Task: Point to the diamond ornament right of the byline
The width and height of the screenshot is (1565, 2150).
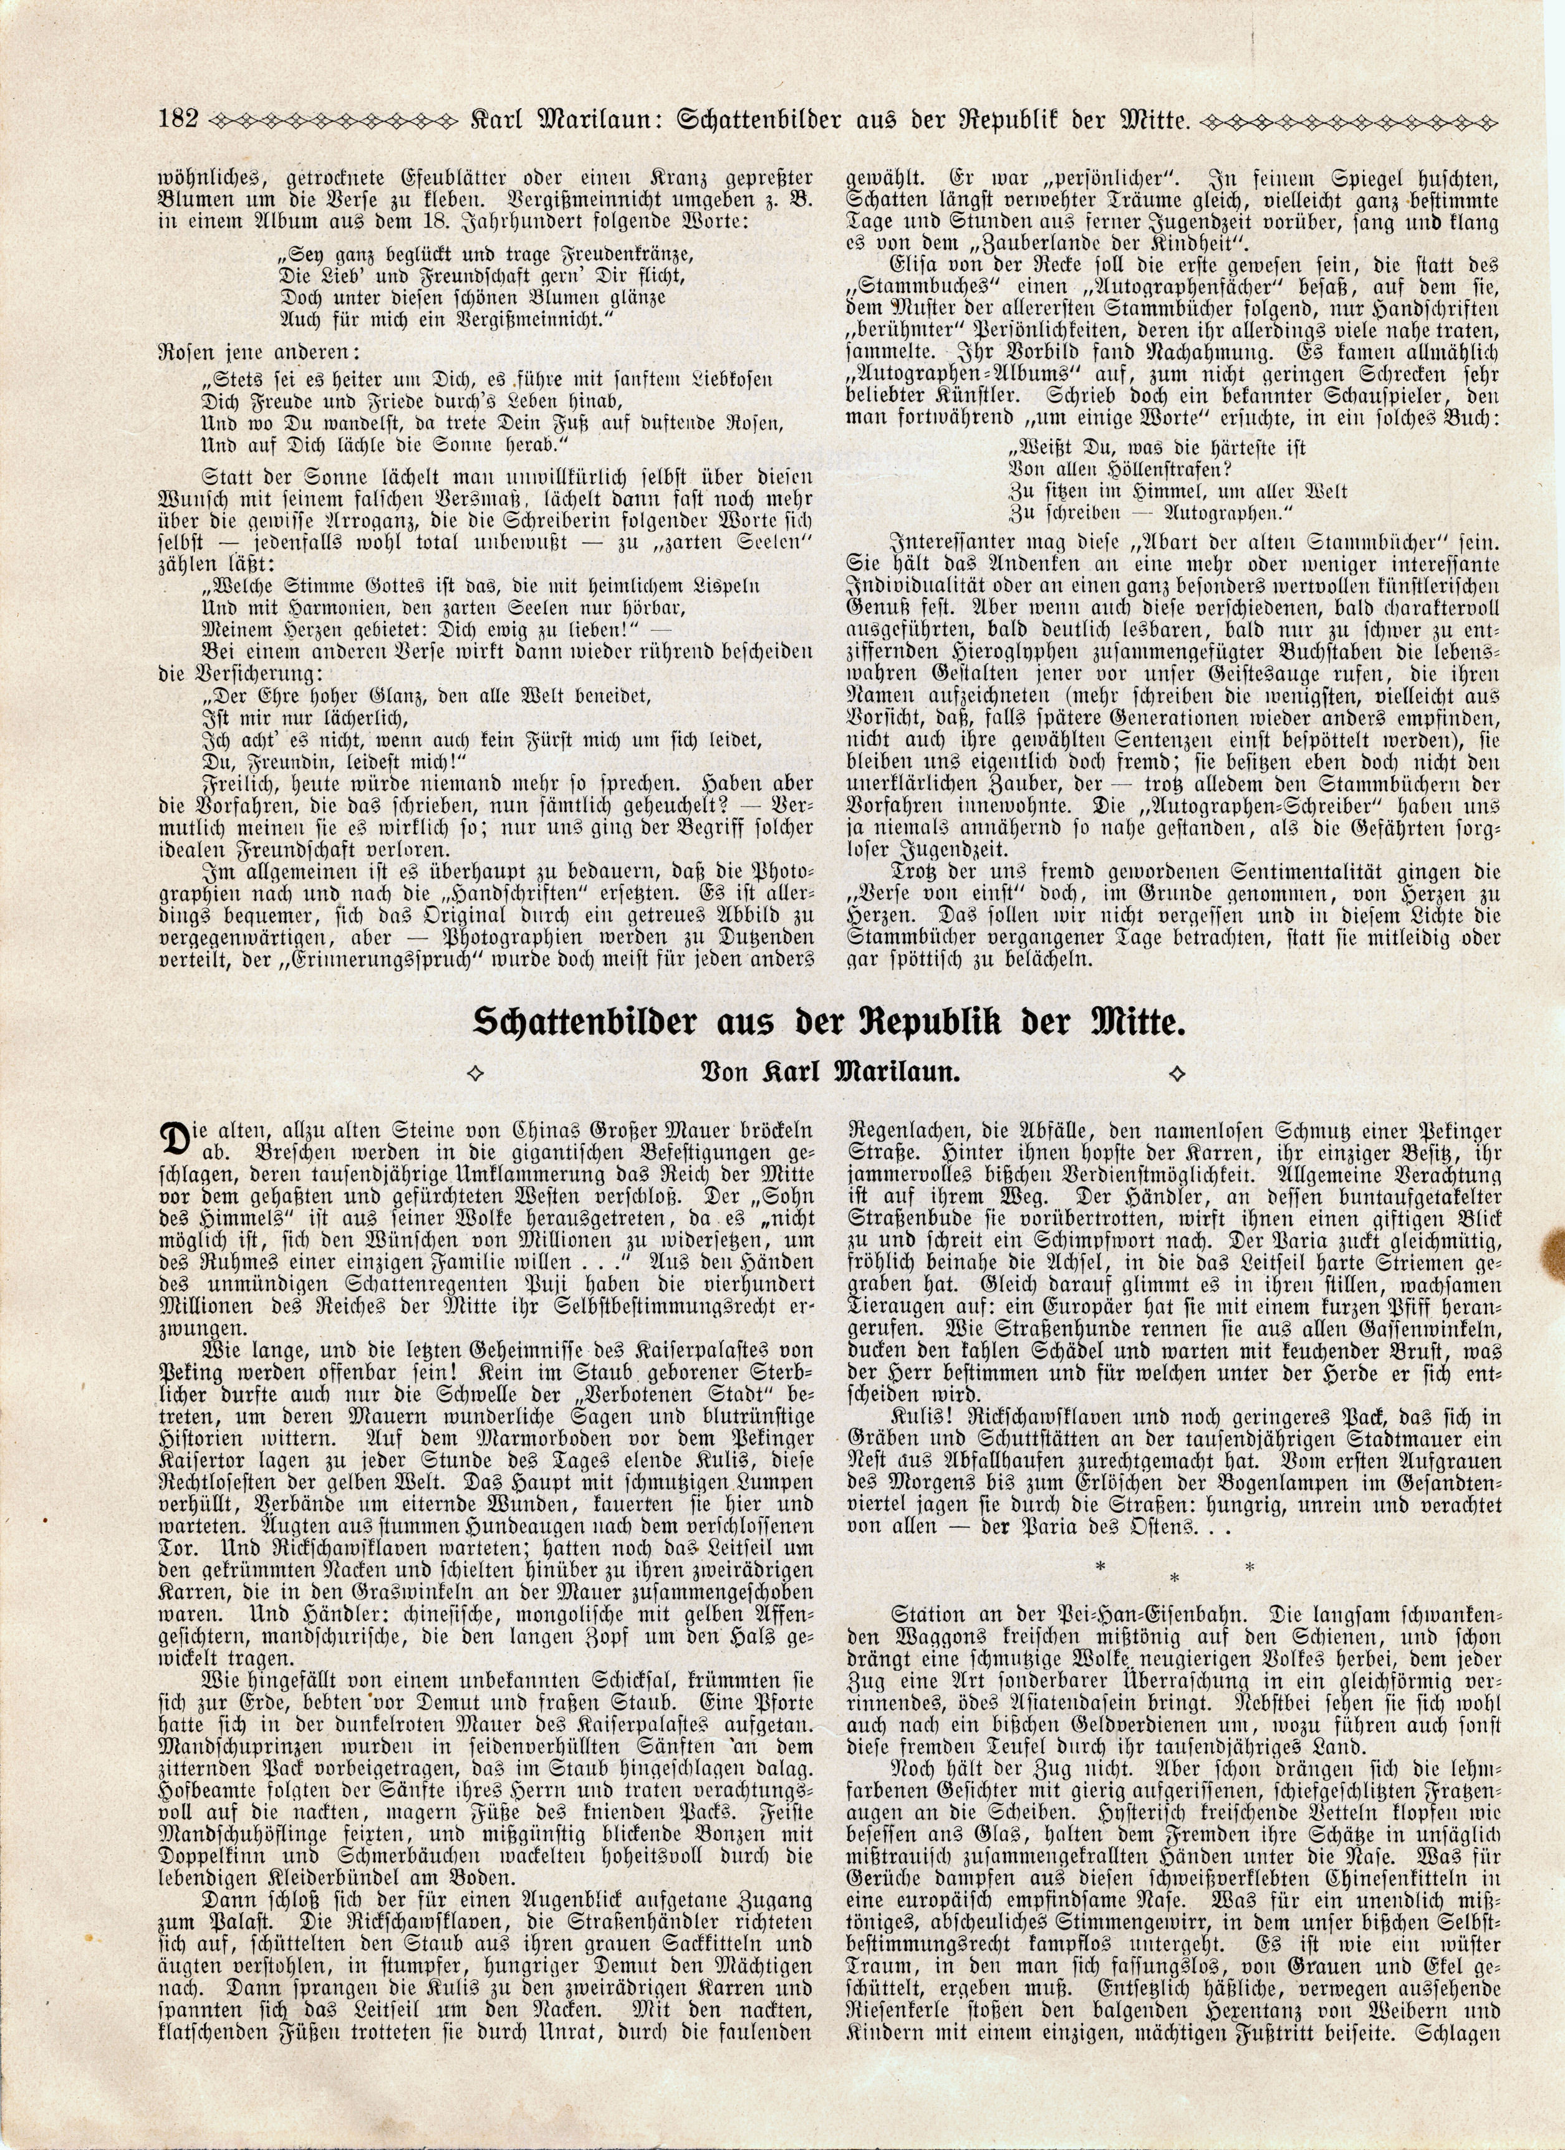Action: (x=1177, y=1074)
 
